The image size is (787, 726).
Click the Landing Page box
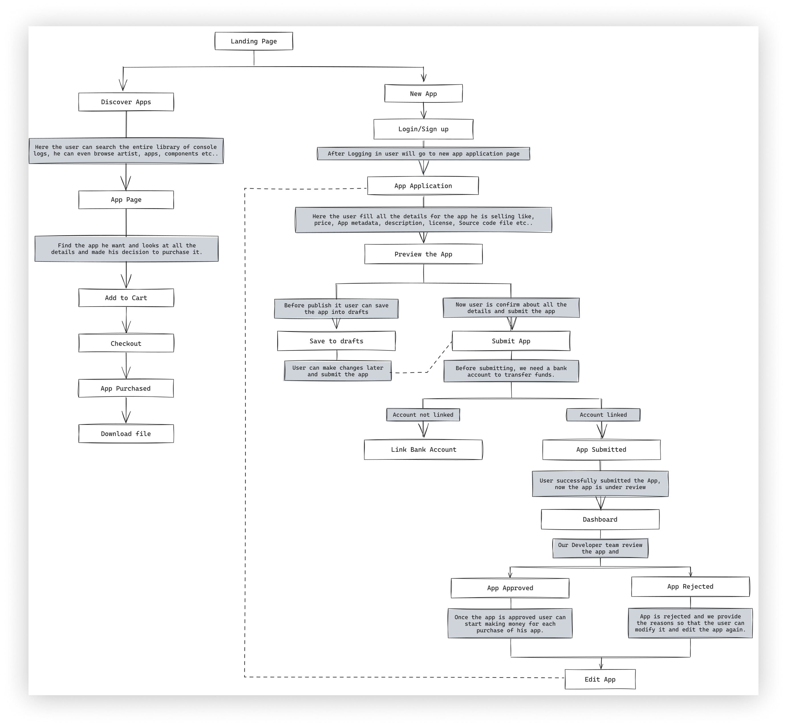pos(254,41)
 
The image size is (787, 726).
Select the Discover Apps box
pos(126,102)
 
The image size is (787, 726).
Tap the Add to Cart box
pos(126,298)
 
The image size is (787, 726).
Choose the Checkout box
pos(126,343)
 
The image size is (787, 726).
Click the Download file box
pos(126,434)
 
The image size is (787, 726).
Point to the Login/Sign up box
pos(423,129)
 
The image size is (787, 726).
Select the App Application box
pos(423,186)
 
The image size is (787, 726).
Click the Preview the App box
pos(423,254)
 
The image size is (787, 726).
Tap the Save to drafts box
pos(336,341)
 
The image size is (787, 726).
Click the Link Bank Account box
pos(423,449)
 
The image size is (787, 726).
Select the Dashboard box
pos(600,519)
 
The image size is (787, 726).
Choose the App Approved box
pos(510,588)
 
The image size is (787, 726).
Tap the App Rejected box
pos(690,587)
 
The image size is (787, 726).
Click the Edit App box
pos(600,679)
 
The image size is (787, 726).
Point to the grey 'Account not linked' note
pos(423,415)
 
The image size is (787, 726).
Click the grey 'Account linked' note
pos(603,415)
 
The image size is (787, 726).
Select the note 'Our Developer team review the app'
pos(600,548)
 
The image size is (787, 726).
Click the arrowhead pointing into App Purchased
pos(126,374)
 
